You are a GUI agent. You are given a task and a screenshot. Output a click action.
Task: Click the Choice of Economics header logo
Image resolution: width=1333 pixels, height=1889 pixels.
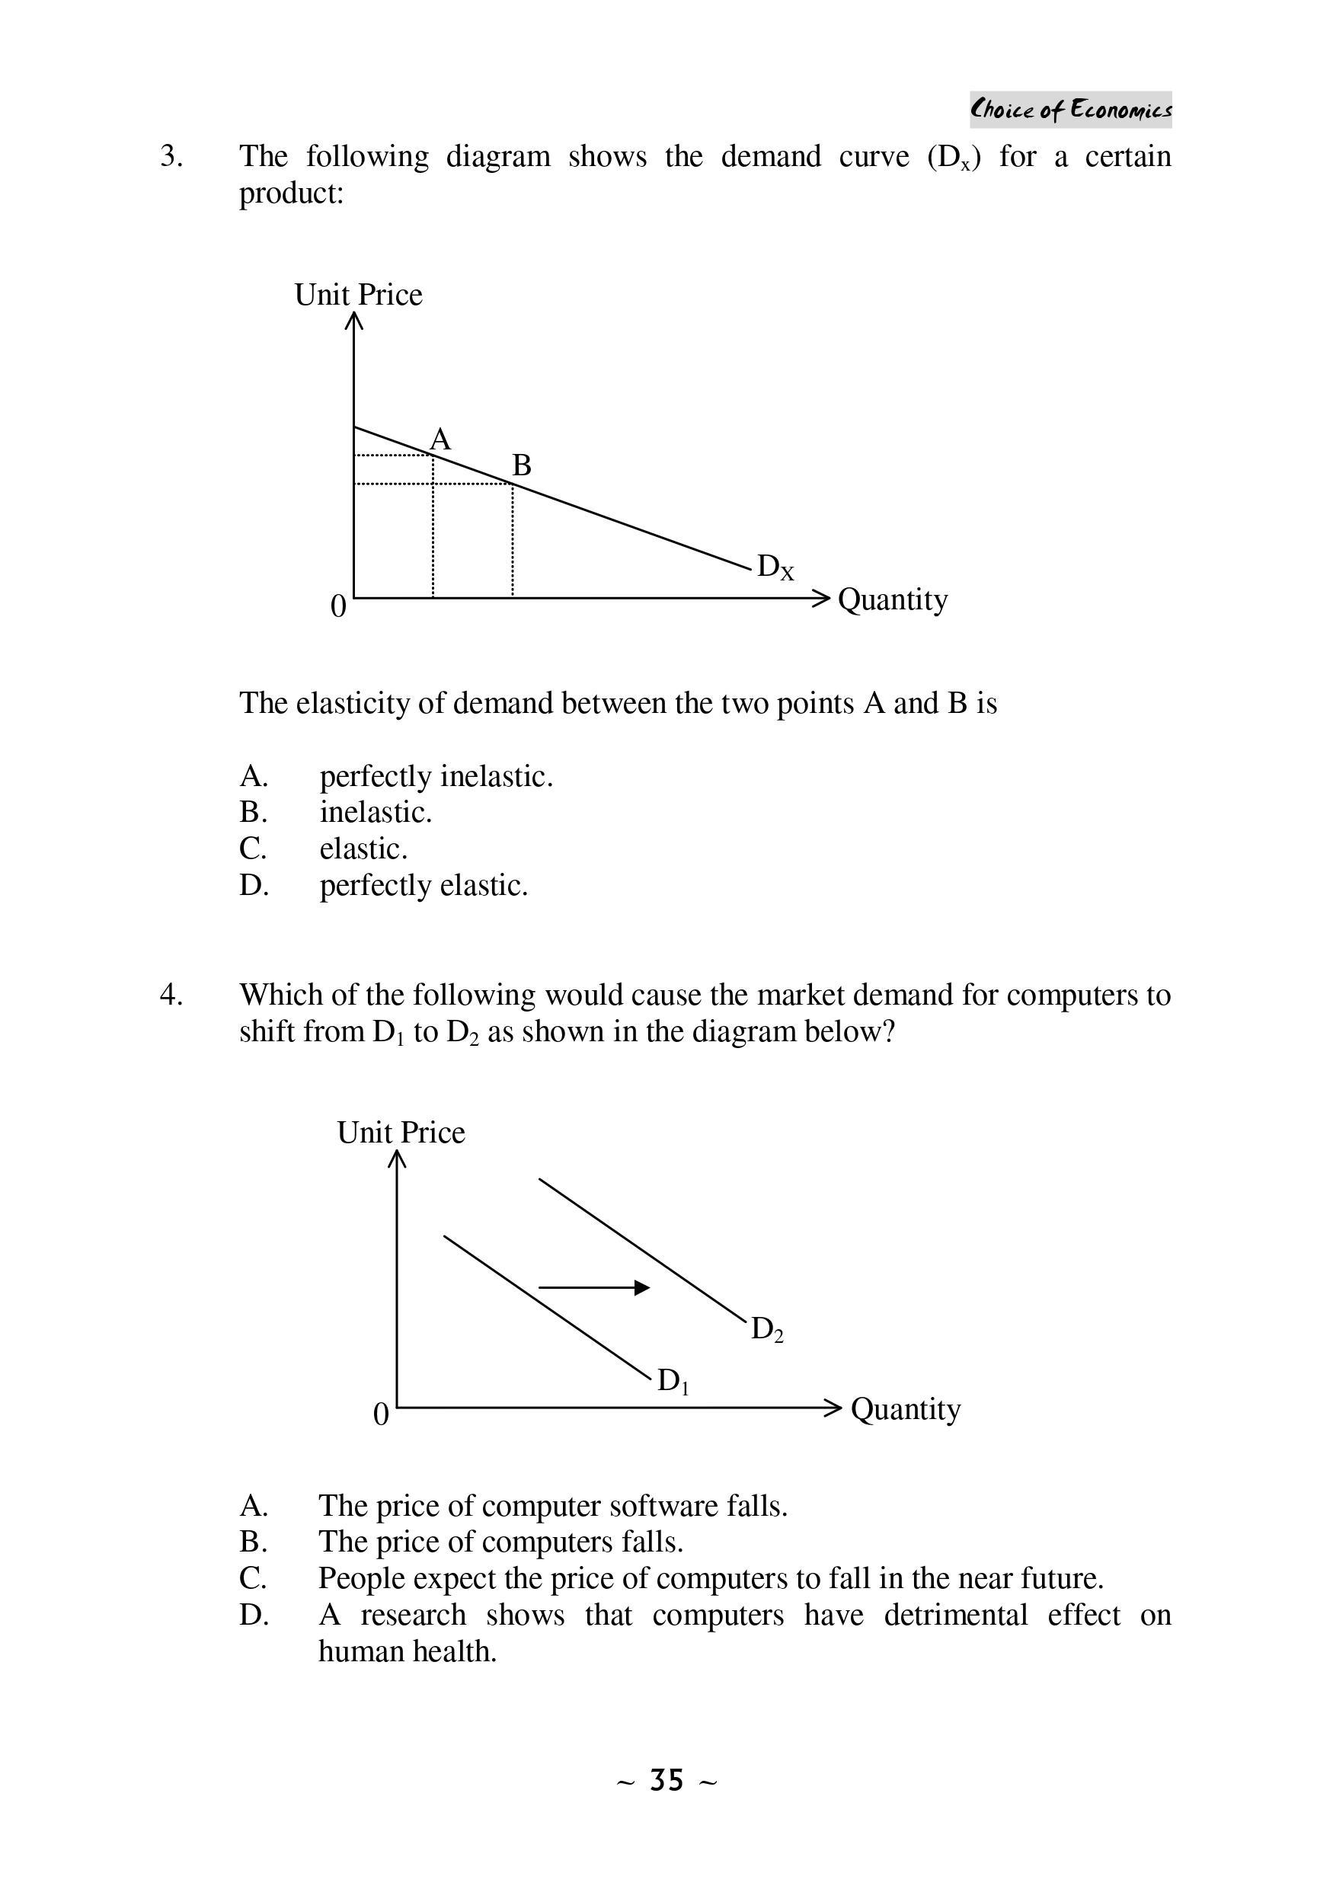(x=1069, y=110)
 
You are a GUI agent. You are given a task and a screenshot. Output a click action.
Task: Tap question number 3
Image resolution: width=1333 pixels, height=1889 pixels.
(x=171, y=156)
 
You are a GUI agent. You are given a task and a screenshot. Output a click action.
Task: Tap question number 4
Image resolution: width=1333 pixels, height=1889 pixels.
(x=171, y=995)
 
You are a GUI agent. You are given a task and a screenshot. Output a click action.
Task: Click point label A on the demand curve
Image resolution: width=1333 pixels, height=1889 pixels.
(x=441, y=439)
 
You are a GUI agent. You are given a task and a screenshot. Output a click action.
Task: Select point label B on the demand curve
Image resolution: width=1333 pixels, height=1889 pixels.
(x=522, y=465)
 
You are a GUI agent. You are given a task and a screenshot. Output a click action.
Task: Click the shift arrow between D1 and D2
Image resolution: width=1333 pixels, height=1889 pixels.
(x=593, y=1287)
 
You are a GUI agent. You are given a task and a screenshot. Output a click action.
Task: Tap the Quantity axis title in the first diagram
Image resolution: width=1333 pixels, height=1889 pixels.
(x=892, y=599)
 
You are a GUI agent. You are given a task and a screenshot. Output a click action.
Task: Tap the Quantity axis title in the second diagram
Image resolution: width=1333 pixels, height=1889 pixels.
(x=905, y=1409)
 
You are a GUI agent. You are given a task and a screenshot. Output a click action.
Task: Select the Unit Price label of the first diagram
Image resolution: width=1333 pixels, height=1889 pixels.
(x=358, y=295)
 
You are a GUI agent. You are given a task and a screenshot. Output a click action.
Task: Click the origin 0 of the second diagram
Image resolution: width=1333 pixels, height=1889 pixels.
(x=380, y=1414)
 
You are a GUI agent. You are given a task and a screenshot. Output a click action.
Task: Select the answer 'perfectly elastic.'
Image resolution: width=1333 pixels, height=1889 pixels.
(x=423, y=885)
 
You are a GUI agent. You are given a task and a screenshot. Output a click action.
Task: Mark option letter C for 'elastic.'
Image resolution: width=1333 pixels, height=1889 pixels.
(x=253, y=849)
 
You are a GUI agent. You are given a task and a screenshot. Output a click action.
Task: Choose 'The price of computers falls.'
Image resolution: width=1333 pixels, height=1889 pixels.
(x=500, y=1541)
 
